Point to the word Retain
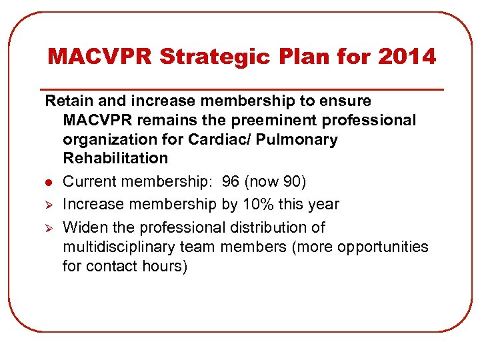(x=67, y=101)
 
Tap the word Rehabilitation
(x=115, y=159)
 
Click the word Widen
(x=83, y=227)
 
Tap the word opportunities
(x=383, y=247)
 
